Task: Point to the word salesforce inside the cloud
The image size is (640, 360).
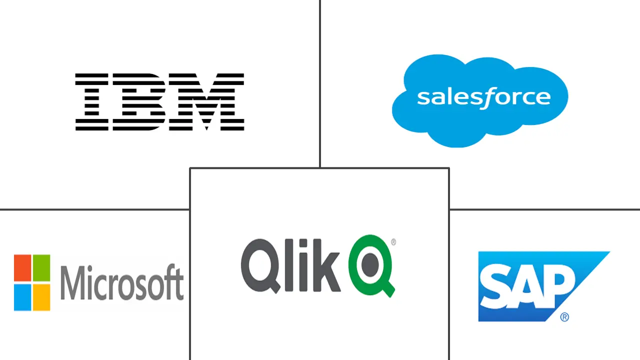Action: click(x=483, y=97)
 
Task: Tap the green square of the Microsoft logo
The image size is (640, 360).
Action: click(x=41, y=263)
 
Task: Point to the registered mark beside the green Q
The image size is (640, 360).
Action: click(x=393, y=242)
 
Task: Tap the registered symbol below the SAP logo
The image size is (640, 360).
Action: click(x=564, y=317)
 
